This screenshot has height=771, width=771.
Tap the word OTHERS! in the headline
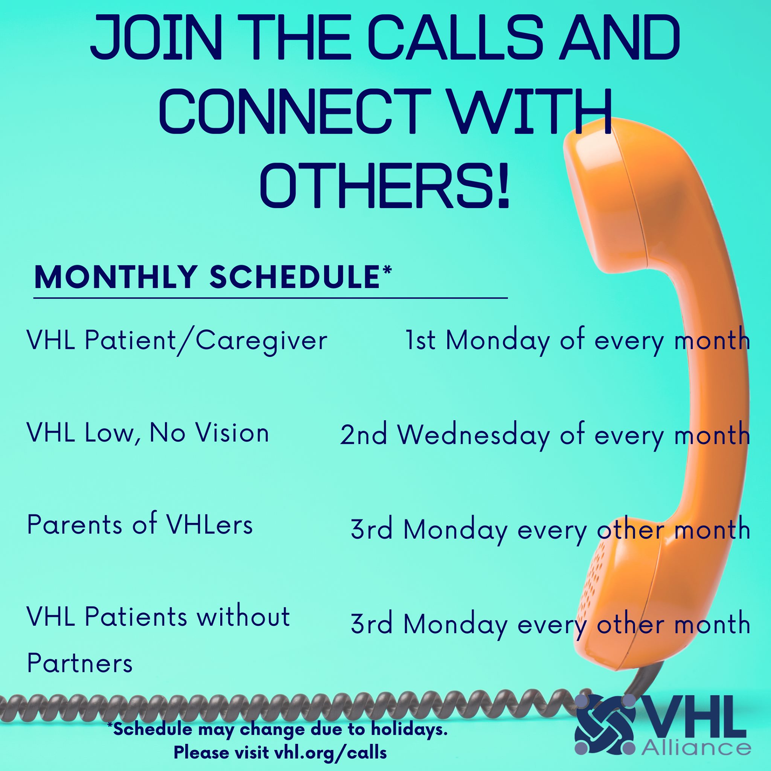[x=385, y=184]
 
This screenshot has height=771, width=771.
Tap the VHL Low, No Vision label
[x=148, y=433]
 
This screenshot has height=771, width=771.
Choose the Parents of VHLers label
[x=140, y=525]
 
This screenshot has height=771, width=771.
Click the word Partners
[x=79, y=664]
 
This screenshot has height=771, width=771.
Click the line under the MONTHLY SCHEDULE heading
[x=271, y=298]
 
